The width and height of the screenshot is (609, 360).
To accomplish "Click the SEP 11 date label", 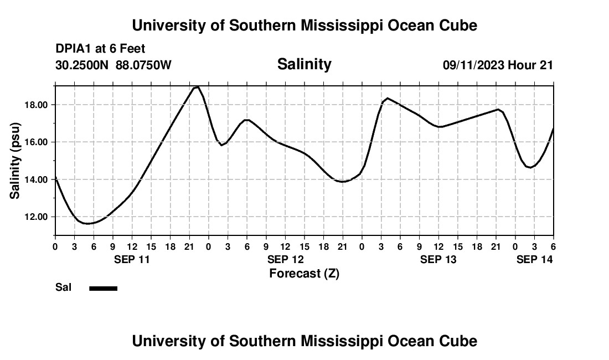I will [132, 259].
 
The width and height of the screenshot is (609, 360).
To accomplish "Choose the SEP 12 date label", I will [285, 259].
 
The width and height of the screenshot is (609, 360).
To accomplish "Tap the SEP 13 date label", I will [438, 259].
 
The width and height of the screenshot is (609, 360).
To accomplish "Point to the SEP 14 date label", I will [534, 259].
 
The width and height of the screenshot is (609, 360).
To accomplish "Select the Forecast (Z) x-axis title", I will [304, 273].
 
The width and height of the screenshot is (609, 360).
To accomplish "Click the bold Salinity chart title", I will [304, 64].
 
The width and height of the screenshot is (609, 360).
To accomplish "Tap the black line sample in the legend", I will [104, 288].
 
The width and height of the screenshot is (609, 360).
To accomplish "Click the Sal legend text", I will [63, 287].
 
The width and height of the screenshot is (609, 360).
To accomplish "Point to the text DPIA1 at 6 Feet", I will [100, 49].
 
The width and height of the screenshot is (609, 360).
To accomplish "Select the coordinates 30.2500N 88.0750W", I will [113, 65].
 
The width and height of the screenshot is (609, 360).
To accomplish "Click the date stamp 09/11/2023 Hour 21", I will [498, 65].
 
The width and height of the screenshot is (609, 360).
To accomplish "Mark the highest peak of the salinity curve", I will [197, 86].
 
